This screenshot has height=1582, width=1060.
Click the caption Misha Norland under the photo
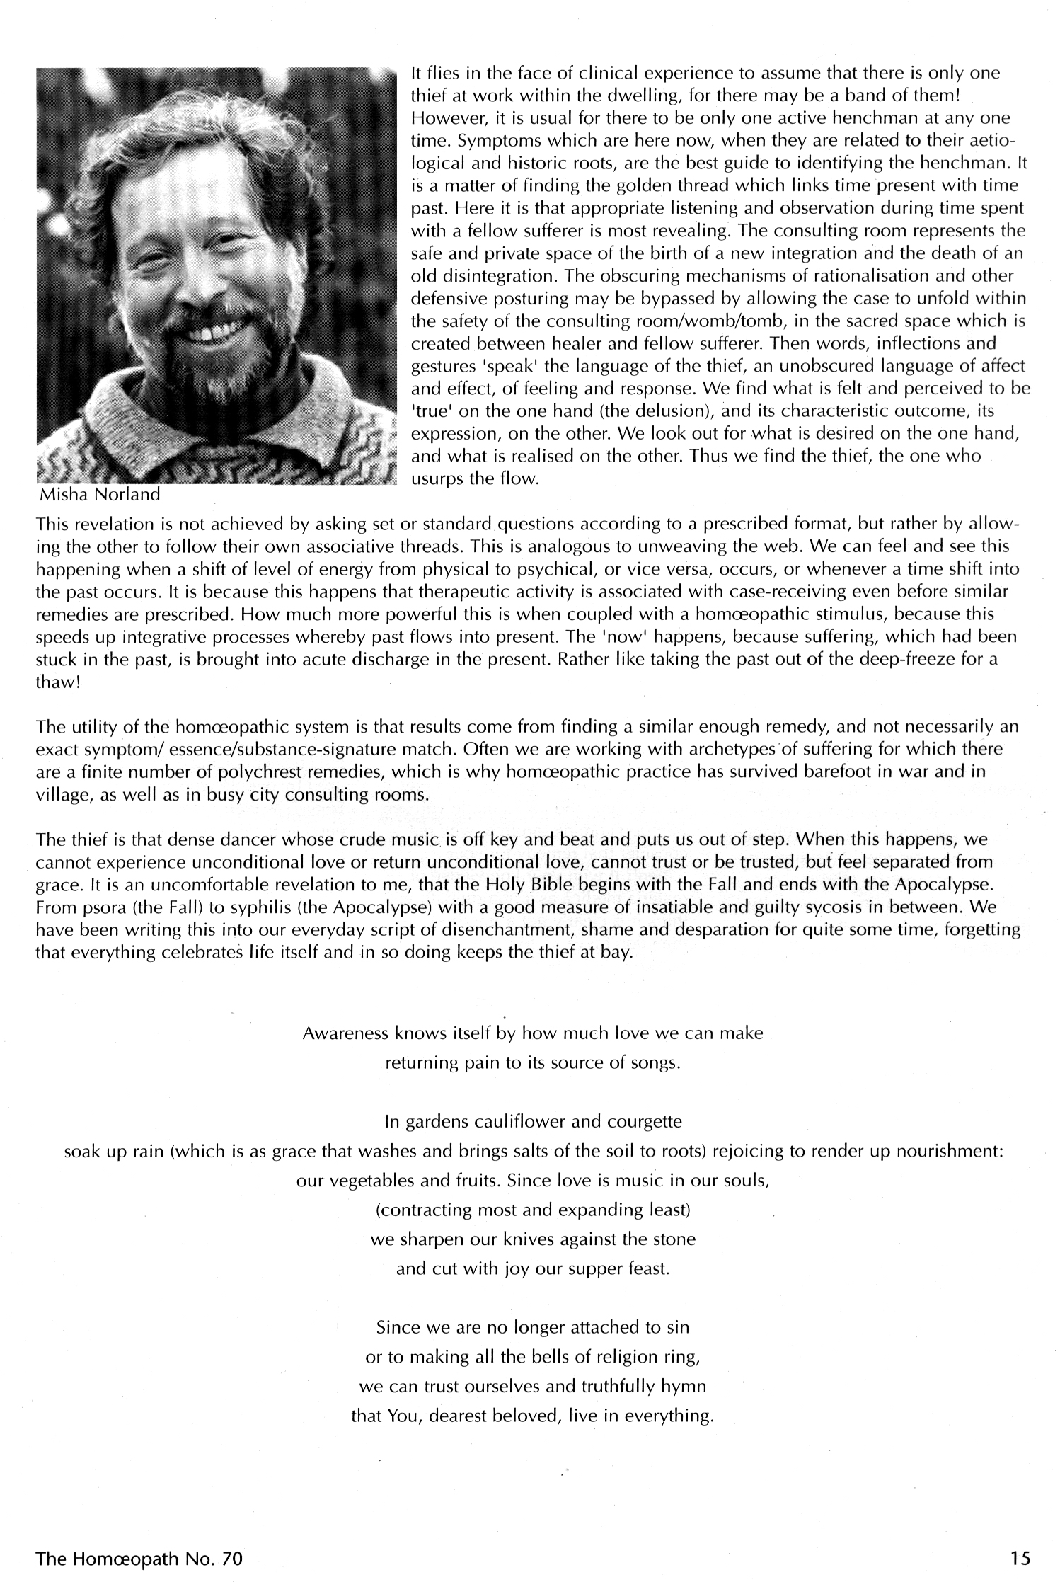(99, 495)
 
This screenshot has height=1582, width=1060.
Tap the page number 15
(1020, 1558)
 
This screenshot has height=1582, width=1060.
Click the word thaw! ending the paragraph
(55, 682)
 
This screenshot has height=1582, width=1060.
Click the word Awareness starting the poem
(345, 1033)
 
